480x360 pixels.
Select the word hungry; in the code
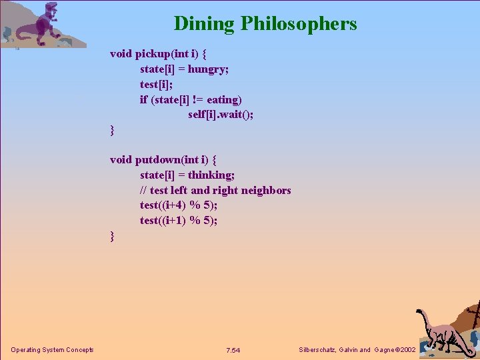pyautogui.click(x=209, y=69)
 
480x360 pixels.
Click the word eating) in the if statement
pyautogui.click(x=224, y=99)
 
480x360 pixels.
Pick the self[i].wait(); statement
pyautogui.click(x=221, y=115)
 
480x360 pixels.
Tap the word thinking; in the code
pyautogui.click(x=211, y=175)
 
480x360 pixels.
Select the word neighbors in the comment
pyautogui.click(x=266, y=190)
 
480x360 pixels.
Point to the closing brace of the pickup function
pyautogui.click(x=113, y=131)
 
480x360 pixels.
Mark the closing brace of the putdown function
pyautogui.click(x=113, y=237)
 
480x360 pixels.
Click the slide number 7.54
pyautogui.click(x=233, y=350)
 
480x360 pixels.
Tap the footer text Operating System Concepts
pyautogui.click(x=52, y=350)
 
